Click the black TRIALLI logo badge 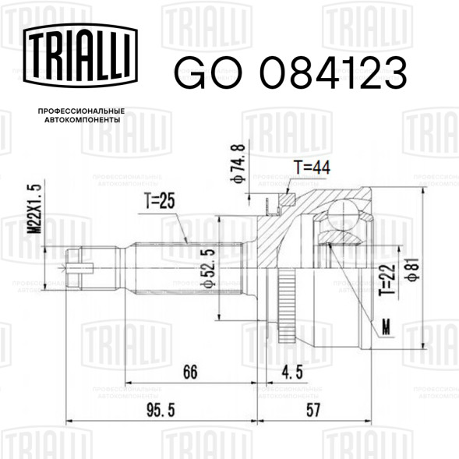[x=80, y=55]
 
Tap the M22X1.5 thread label [x=34, y=209]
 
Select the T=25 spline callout [x=160, y=200]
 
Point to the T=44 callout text [x=312, y=167]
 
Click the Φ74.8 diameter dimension [x=238, y=164]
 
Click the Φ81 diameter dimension [x=414, y=270]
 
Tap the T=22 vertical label [x=390, y=280]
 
